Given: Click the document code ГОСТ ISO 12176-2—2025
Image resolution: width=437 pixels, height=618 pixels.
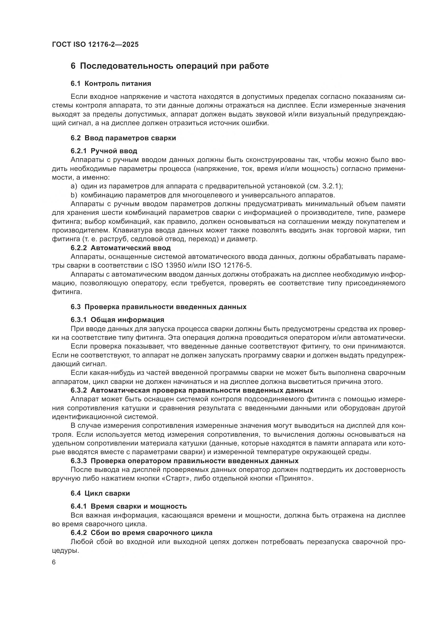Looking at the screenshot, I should click(95, 44).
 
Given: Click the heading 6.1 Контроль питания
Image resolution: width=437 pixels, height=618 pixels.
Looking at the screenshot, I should click(111, 83).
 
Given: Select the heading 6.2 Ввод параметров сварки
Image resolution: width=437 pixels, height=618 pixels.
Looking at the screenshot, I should click(123, 138).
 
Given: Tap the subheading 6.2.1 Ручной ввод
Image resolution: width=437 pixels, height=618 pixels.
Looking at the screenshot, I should click(104, 151).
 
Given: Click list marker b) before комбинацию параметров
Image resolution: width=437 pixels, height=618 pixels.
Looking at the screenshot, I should click(74, 195).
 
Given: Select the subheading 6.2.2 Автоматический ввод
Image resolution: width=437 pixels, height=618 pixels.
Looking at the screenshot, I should click(120, 248).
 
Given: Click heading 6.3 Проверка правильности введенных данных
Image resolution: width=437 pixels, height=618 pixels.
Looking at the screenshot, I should click(159, 307).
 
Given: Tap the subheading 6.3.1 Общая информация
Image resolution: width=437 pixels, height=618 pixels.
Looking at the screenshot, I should click(117, 320).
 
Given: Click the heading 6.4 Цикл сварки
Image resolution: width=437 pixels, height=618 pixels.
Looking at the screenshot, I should click(100, 493).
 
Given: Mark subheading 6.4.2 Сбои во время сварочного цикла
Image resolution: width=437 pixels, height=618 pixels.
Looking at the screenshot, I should click(142, 533).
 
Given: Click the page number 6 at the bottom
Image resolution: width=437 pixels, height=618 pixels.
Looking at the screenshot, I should click(54, 562).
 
